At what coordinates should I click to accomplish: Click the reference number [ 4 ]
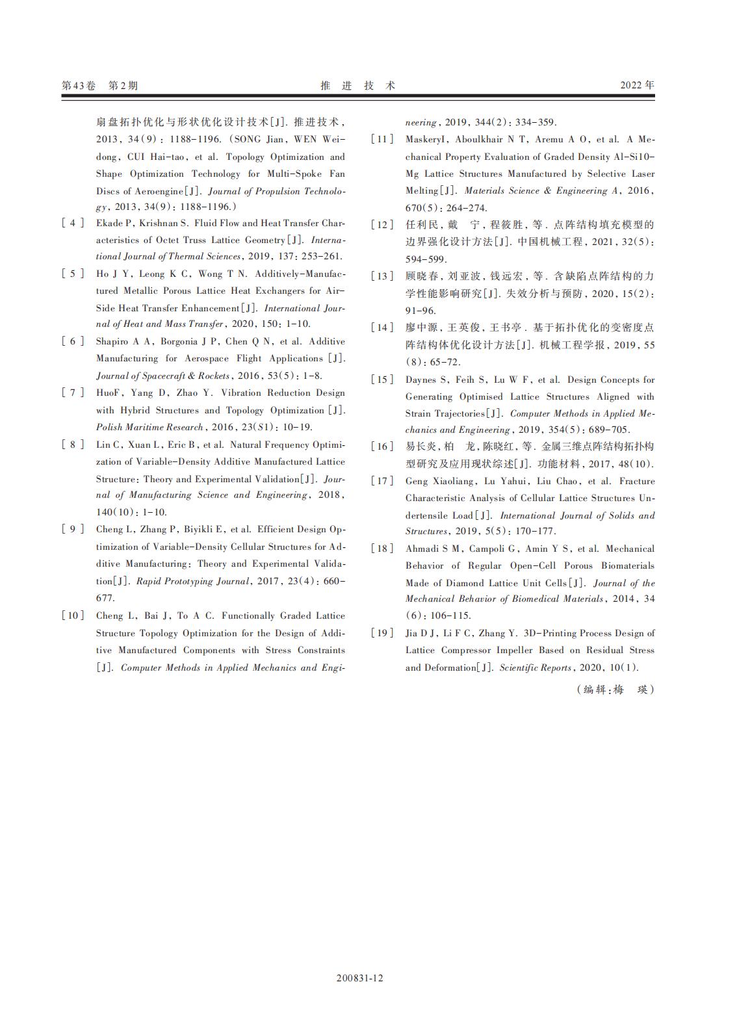click(73, 223)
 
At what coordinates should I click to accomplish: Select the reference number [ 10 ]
click(73, 615)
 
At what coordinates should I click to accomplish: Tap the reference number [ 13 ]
click(383, 276)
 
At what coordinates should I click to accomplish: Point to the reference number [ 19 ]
click(383, 633)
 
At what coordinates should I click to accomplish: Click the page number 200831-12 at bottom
click(360, 978)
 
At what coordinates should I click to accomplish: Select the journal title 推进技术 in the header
click(358, 85)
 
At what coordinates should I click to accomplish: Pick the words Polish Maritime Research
click(150, 427)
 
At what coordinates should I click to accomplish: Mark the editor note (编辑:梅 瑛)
click(615, 690)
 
